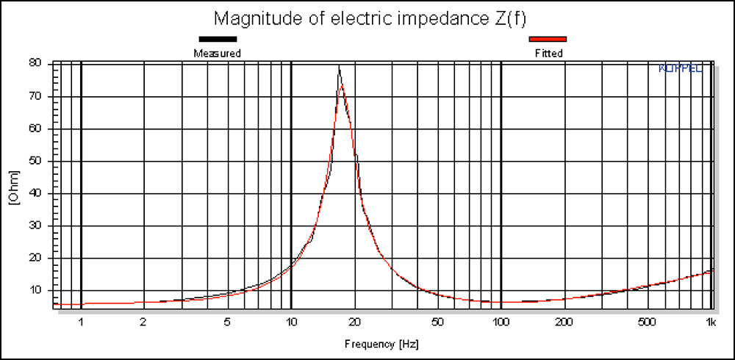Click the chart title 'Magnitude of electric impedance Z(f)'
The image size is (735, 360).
coord(367,17)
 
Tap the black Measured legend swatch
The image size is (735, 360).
coord(217,39)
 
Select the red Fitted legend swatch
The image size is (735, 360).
coord(548,39)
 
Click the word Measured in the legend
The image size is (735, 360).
coord(217,53)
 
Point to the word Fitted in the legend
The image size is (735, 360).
coord(548,53)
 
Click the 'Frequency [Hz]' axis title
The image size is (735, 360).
coord(382,343)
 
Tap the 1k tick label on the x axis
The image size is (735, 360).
coord(711,322)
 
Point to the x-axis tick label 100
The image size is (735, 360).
coord(501,322)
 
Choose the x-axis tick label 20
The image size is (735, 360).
coord(355,322)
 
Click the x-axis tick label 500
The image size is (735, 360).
coord(647,322)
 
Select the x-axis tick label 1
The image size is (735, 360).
coord(81,322)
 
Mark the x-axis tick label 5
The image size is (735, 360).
coord(228,322)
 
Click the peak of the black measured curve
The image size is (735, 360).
coord(339,67)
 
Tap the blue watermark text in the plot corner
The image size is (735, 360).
coord(681,68)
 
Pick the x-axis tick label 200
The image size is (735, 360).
coord(564,322)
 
